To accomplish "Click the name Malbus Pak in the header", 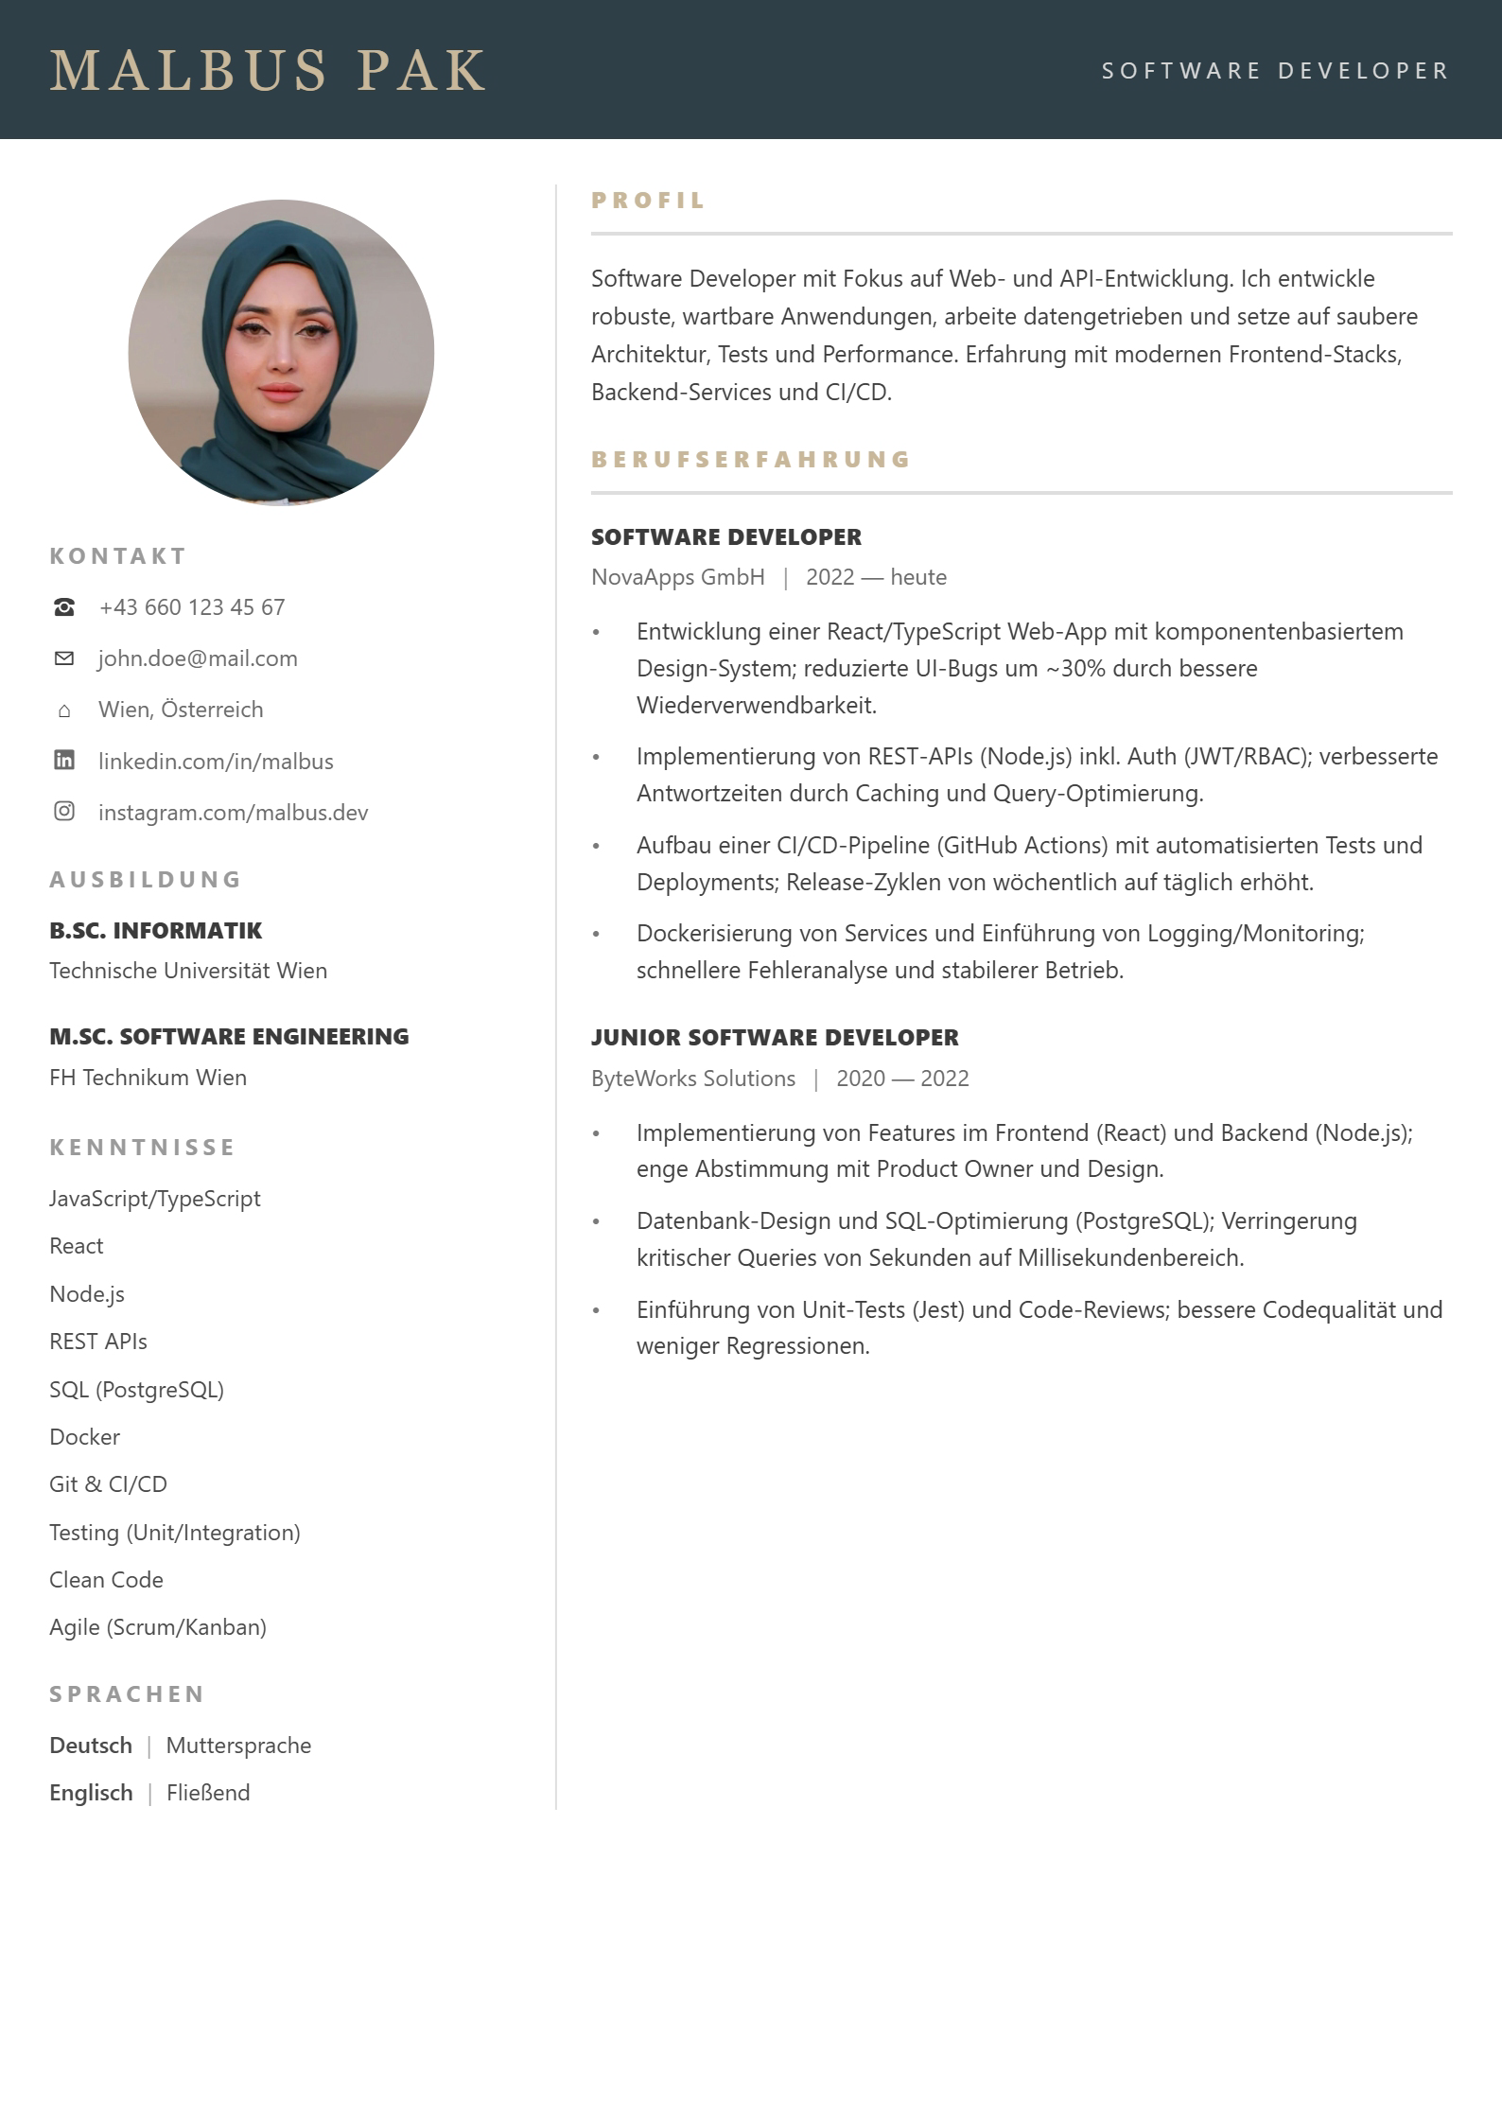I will (268, 71).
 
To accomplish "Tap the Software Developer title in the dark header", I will (1274, 71).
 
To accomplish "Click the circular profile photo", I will (281, 352).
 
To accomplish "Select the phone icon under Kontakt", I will (64, 607).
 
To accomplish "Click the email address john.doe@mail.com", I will (198, 658).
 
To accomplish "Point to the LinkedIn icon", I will (64, 761).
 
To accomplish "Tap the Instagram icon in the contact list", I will (64, 812).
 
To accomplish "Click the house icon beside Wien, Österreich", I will (64, 711).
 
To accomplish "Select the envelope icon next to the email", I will (64, 658).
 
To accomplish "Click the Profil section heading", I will (648, 201).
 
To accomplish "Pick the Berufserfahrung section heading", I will (750, 460).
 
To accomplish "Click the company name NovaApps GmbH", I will (677, 577).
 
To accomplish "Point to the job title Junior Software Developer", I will (775, 1038).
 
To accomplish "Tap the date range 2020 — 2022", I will (902, 1079).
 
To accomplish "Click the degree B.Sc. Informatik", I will (156, 931).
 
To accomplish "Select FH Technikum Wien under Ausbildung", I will (148, 1078).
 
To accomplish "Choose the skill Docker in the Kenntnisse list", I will (84, 1437).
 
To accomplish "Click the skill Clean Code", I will (106, 1580).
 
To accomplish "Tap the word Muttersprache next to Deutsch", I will (238, 1746).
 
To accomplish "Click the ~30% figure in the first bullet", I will (1075, 669).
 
